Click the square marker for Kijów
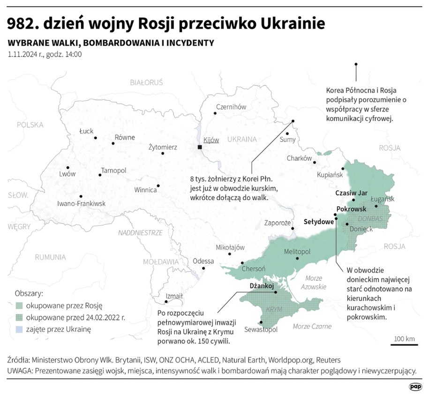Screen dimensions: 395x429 tap(200, 147)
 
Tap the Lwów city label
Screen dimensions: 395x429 tap(68, 174)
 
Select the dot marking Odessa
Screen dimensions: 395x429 tap(203, 268)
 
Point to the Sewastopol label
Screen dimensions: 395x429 tap(261, 329)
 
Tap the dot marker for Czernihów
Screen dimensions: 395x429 tap(215, 113)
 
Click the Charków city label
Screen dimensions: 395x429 tap(299, 158)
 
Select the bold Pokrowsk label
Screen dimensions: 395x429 tap(351, 209)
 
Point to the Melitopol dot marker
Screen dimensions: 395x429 tap(297, 258)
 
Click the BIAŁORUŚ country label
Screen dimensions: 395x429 tap(146, 82)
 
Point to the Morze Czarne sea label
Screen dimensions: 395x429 tap(312, 326)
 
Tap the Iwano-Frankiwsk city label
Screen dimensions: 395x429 tap(81, 203)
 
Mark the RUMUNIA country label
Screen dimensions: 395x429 tap(51, 257)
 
